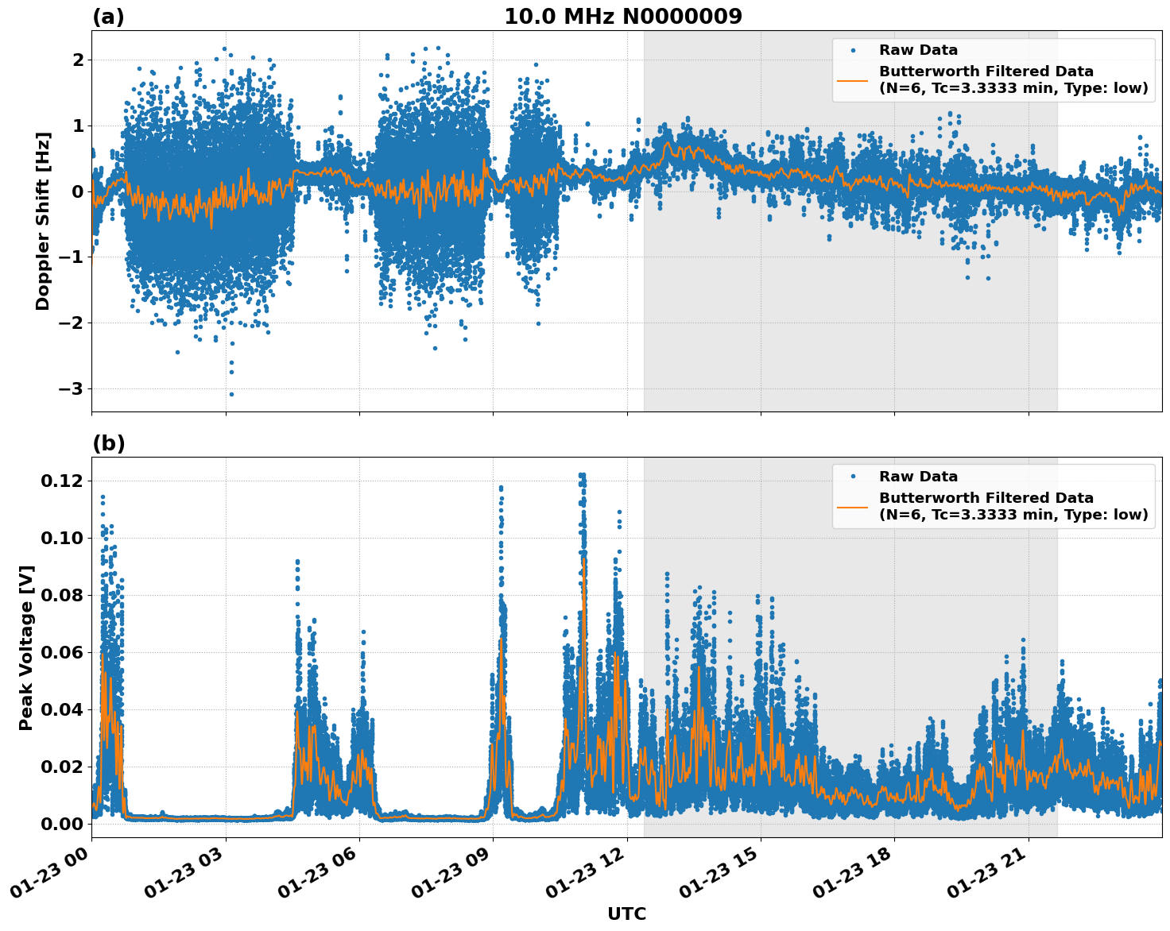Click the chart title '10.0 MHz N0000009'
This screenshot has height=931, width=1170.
[x=623, y=17]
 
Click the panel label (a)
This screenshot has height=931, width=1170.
[x=108, y=17]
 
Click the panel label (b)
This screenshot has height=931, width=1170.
[x=108, y=443]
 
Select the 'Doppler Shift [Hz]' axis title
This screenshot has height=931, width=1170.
[x=43, y=221]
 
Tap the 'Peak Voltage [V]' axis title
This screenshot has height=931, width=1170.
[x=26, y=647]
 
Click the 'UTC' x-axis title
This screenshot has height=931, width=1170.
[x=626, y=914]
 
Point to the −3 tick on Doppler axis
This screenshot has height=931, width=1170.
[x=72, y=388]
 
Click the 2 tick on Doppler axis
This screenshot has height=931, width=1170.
[x=78, y=60]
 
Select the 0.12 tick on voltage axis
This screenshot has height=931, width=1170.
[x=62, y=481]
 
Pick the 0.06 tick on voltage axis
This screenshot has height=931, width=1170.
[x=62, y=652]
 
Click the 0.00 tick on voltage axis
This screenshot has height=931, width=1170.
[x=62, y=824]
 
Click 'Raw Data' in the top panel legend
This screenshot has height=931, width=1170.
[x=918, y=50]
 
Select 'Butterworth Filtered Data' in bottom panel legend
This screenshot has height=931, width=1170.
[x=986, y=498]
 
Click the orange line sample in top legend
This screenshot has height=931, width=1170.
[x=852, y=79]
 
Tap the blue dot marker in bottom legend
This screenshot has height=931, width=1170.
[x=852, y=477]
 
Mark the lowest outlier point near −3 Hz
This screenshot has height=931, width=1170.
[x=231, y=394]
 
